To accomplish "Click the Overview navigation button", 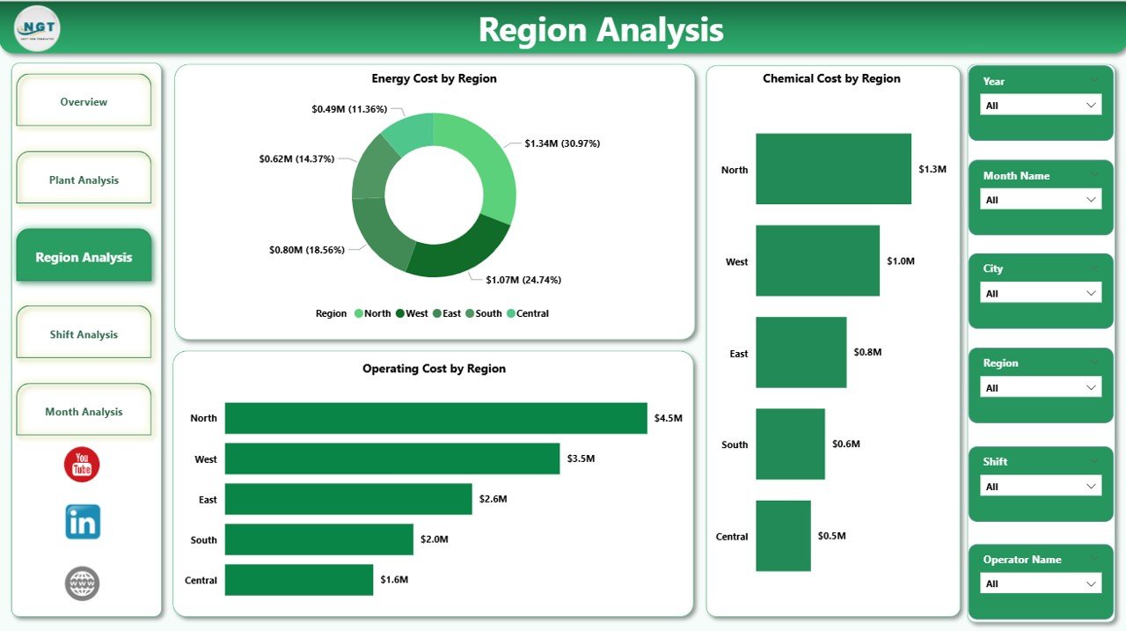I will tap(84, 102).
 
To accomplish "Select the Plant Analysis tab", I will tap(84, 180).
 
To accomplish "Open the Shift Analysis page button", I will tap(84, 334).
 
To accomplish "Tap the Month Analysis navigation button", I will tap(84, 412).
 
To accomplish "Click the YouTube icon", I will tap(82, 464).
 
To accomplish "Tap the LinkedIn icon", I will tap(83, 522).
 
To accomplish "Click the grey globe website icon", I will tap(82, 583).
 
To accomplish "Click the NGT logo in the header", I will tap(38, 28).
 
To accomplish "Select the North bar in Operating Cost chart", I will tap(435, 418).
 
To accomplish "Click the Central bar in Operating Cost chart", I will tap(299, 580).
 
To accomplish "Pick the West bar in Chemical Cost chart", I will tap(817, 260).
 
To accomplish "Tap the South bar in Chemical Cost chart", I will tap(790, 444).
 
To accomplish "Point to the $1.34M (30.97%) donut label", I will tap(562, 143).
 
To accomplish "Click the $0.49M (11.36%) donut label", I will tap(349, 109).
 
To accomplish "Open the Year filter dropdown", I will tap(1041, 106).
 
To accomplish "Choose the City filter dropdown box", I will tap(1041, 293).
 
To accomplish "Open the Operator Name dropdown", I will tap(1041, 583).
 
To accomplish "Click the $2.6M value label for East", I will tap(493, 499).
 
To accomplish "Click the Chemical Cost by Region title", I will tap(831, 78).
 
